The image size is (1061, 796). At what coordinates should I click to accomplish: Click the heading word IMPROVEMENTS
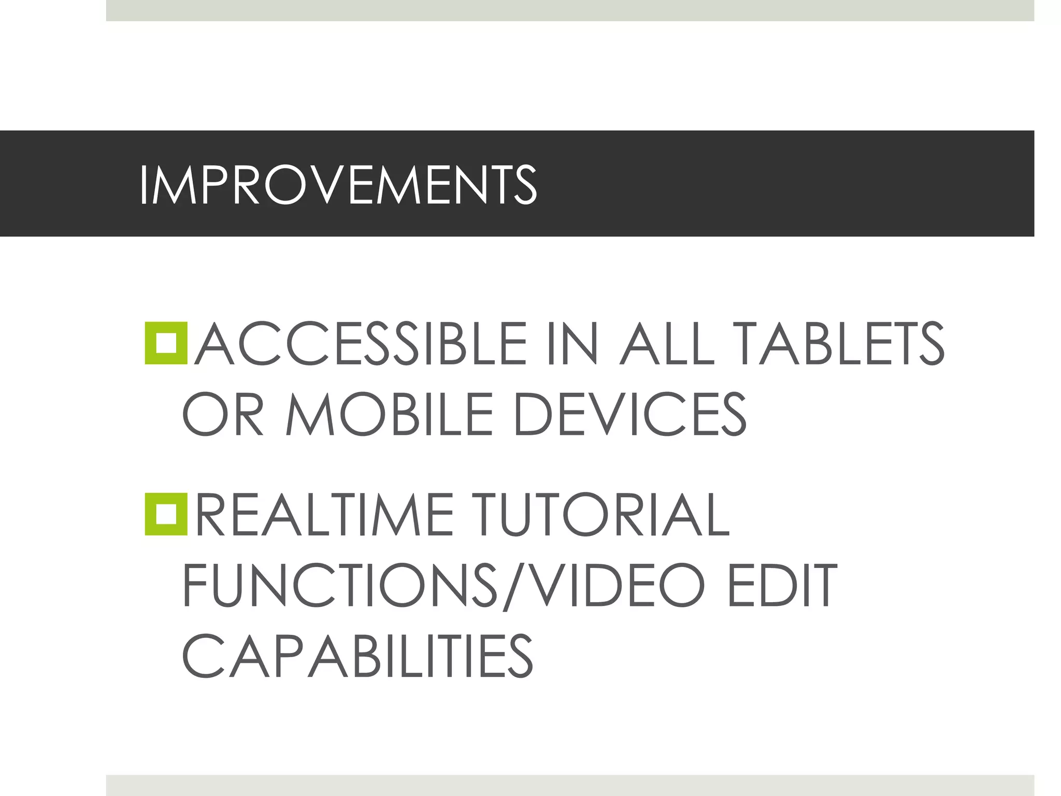[x=338, y=185]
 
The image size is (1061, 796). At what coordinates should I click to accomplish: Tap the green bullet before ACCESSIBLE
[x=166, y=343]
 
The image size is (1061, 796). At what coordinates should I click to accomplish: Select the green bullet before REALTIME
[x=166, y=514]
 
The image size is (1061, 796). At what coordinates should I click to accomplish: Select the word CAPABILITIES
[x=357, y=655]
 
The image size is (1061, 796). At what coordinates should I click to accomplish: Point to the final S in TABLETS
[x=927, y=343]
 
